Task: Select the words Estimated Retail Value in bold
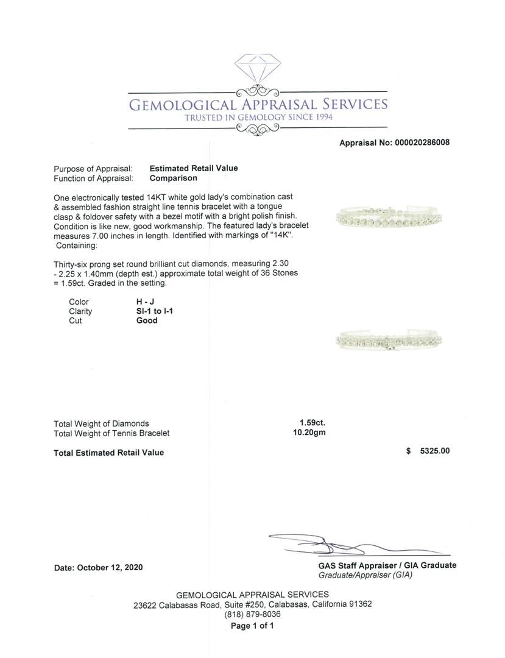[194, 168]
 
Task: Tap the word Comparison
[174, 179]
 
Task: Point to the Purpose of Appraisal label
[93, 169]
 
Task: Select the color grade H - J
[144, 302]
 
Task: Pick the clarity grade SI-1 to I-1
[158, 311]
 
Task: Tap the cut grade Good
[147, 320]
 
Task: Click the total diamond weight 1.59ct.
[308, 423]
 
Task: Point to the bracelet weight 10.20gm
[309, 433]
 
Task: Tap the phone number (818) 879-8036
[252, 615]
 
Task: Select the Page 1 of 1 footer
[252, 626]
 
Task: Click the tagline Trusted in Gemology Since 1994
[259, 117]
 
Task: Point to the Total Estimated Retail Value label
[108, 453]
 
